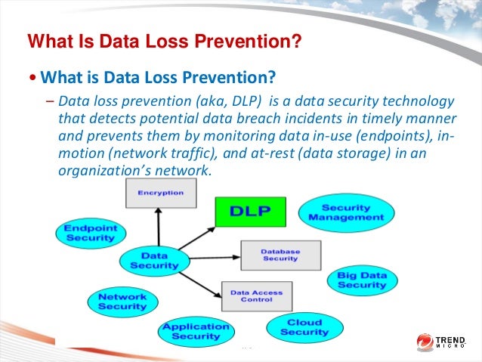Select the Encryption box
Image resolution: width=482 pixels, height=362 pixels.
[160, 193]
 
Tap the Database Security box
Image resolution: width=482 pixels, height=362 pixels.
[280, 255]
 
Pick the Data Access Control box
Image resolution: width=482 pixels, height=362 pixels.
[255, 295]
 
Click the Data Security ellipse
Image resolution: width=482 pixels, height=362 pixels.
[154, 260]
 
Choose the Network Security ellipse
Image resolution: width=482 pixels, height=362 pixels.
[122, 301]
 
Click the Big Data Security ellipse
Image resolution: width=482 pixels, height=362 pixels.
[362, 280]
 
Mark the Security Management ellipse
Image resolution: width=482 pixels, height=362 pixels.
[346, 212]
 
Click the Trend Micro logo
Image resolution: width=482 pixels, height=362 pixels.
[445, 342]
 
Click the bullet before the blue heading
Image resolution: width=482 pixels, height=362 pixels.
[32, 78]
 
